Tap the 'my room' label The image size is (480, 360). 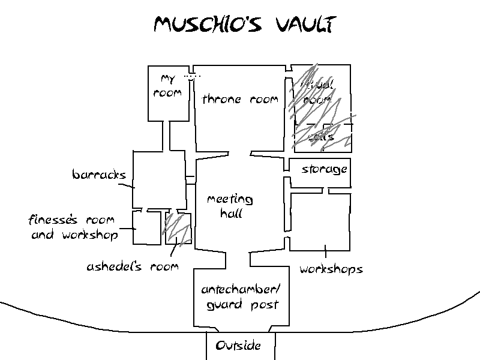tap(167, 86)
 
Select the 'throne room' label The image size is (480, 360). tap(240, 100)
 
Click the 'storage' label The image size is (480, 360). tap(324, 169)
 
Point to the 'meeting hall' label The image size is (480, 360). tap(230, 205)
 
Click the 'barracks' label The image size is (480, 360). tap(99, 175)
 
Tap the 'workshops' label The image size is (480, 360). tap(331, 269)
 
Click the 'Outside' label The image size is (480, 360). tap(238, 346)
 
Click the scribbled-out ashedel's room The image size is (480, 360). tap(178, 228)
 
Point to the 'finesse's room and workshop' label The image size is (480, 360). tap(74, 227)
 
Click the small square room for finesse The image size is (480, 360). tap(146, 228)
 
